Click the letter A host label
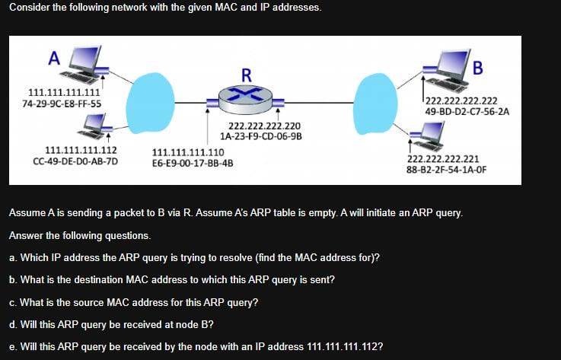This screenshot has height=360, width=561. point(53,57)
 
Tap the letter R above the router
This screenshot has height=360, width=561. point(246,75)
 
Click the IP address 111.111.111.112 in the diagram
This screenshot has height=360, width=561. point(76,150)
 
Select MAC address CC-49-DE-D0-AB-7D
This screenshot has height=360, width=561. point(75,161)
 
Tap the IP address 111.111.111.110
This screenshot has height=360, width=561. point(188,152)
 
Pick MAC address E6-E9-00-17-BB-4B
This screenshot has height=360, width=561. point(193,163)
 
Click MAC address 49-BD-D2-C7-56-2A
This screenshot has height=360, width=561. point(467,111)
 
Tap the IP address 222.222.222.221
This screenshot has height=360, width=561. point(443,159)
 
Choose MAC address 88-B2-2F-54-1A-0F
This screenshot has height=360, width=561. point(446,170)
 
